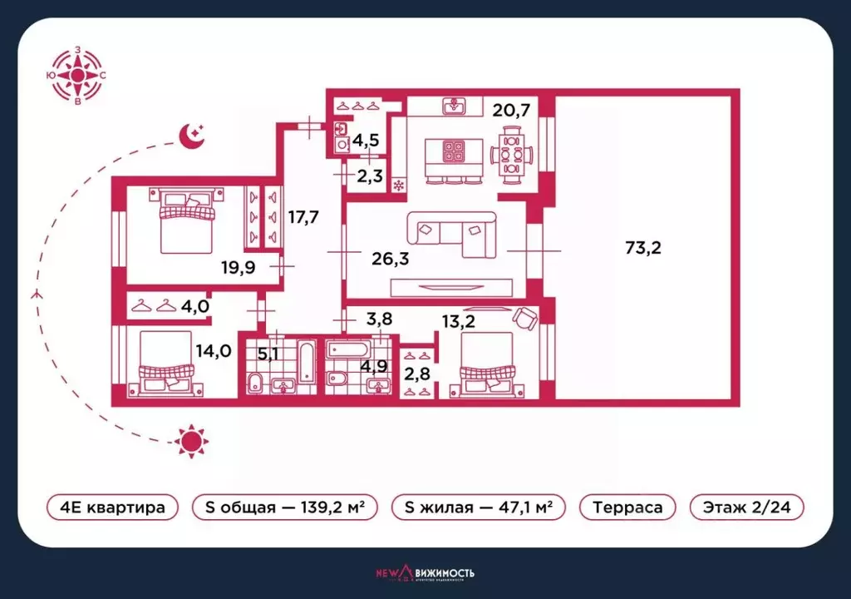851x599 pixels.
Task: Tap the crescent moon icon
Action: click(x=192, y=134)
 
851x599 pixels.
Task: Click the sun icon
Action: click(x=191, y=439)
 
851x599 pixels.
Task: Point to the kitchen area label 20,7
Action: click(x=510, y=109)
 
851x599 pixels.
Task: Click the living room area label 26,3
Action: click(x=391, y=258)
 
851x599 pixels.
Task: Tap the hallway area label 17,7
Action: click(x=304, y=218)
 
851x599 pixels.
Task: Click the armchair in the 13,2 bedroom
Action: click(x=524, y=319)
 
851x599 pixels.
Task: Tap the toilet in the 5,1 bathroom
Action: click(x=257, y=384)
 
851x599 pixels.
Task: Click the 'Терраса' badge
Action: click(x=627, y=507)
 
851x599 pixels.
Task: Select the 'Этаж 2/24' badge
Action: click(x=747, y=507)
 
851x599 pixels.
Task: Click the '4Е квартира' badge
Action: click(x=112, y=507)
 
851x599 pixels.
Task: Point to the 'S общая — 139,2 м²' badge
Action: click(x=284, y=507)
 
